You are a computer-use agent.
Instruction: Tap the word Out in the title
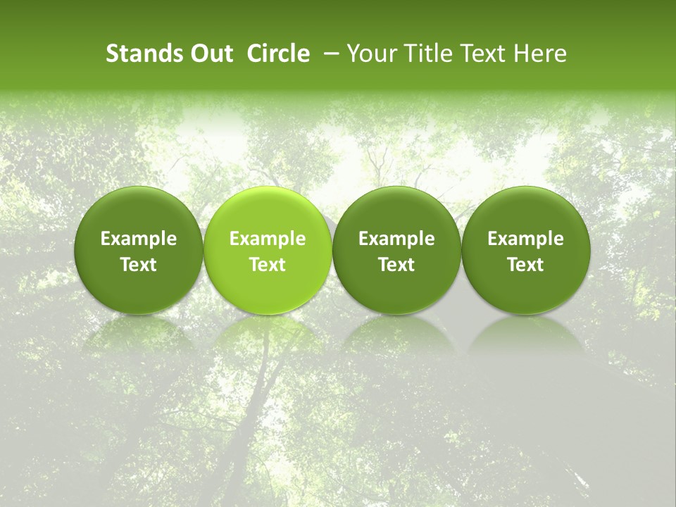[210, 54]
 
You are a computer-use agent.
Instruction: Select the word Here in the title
[539, 54]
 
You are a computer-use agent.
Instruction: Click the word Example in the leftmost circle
[139, 239]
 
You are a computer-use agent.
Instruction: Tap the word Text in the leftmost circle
[139, 265]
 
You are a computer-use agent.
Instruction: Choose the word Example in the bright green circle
[268, 239]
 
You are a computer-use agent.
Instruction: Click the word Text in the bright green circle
[268, 265]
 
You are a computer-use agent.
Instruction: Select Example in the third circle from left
[396, 239]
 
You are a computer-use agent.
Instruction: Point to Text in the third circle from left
[396, 265]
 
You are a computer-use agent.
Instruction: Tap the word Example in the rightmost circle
[525, 239]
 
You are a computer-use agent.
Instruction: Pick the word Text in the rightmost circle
[525, 265]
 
